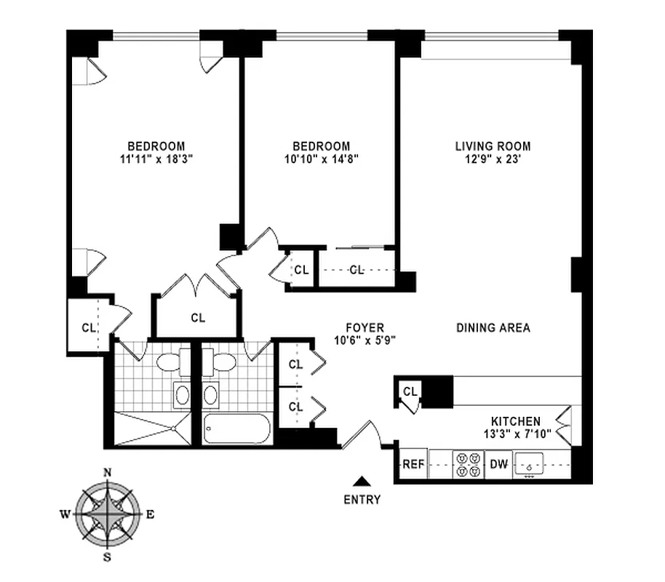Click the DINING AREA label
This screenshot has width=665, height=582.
point(493,328)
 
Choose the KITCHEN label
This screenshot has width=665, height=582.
point(516,421)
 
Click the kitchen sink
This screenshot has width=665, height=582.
point(530,463)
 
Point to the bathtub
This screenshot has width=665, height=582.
point(236,428)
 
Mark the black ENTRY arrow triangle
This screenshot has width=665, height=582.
point(362,481)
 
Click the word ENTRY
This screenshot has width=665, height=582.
point(362,500)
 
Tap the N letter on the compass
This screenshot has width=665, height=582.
point(108,473)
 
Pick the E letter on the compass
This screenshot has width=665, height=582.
point(150,515)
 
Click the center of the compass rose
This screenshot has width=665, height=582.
point(108,515)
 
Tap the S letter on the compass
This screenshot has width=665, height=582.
point(108,558)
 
